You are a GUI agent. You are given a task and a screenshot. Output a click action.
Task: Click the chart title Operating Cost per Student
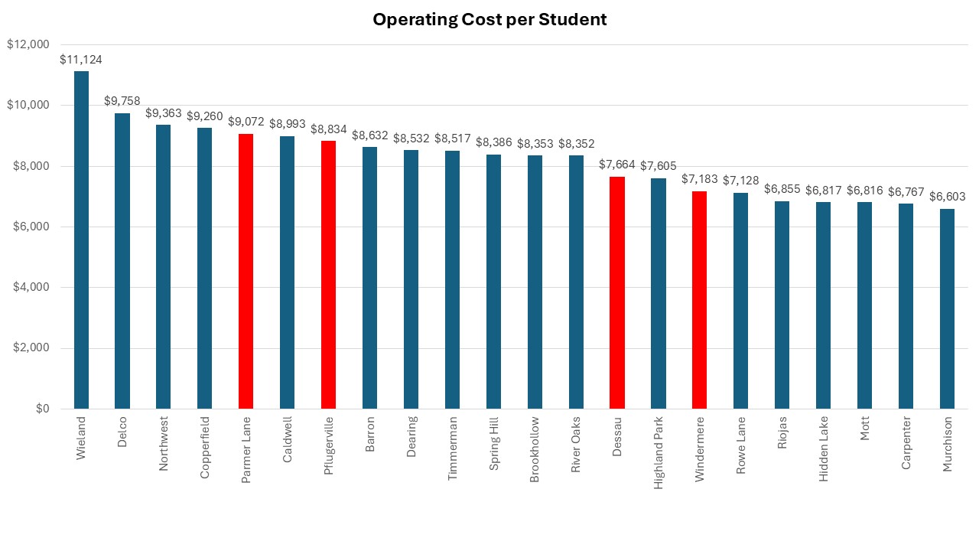(x=489, y=20)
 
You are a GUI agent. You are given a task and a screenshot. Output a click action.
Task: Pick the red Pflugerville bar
(x=328, y=275)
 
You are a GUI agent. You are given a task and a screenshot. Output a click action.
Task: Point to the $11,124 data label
(x=81, y=59)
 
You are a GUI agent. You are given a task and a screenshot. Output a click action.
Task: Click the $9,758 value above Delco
(x=122, y=100)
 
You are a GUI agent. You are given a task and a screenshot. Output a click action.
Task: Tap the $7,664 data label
(x=617, y=165)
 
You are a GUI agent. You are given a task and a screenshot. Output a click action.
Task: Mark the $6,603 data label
(x=947, y=197)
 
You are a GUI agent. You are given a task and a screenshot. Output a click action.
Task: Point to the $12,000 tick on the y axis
(x=28, y=44)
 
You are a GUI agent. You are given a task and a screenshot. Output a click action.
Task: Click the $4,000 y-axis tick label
(x=31, y=287)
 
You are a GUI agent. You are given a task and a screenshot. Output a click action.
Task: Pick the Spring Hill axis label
(x=494, y=444)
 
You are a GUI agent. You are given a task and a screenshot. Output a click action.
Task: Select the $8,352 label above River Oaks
(x=576, y=143)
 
